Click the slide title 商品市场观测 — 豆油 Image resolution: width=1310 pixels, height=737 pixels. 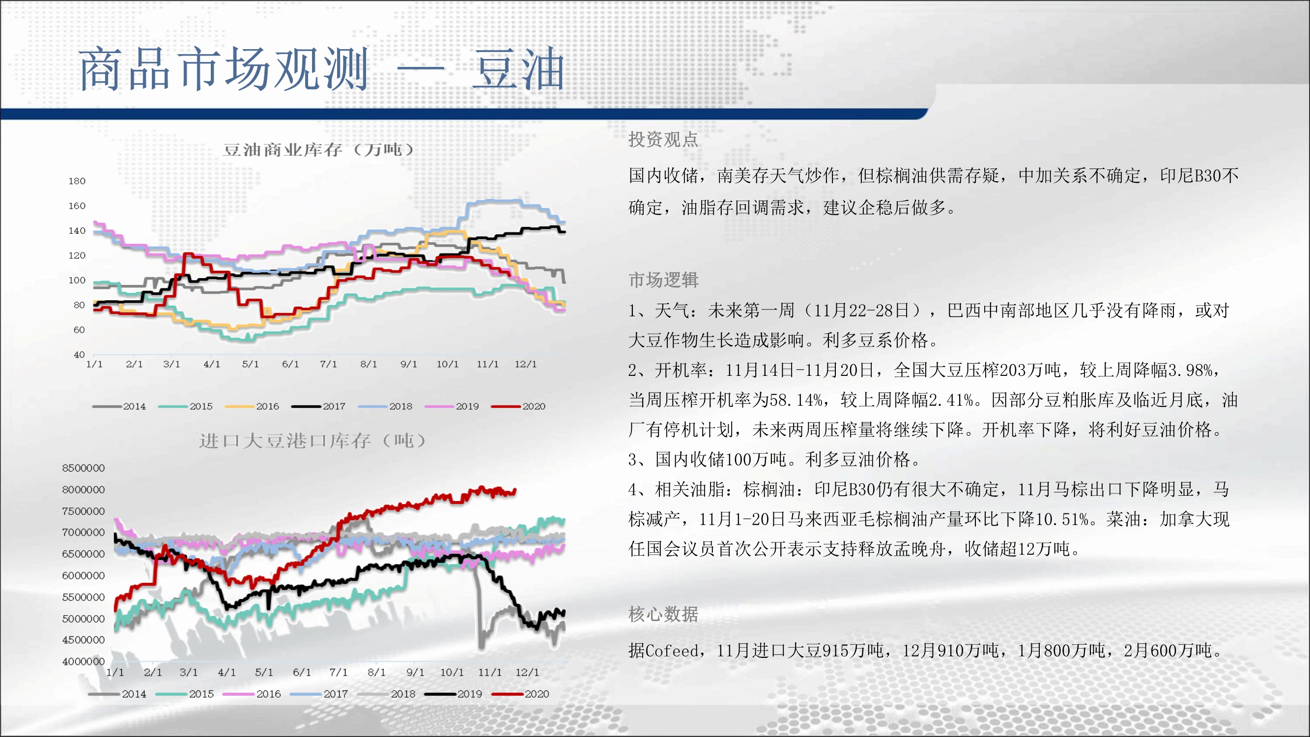tap(322, 69)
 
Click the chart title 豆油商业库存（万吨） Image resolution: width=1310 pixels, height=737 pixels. tap(319, 149)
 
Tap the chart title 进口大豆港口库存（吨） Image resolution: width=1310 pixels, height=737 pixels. tap(312, 440)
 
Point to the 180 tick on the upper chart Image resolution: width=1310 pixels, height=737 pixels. tap(77, 181)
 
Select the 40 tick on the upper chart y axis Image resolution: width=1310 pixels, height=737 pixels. tap(79, 355)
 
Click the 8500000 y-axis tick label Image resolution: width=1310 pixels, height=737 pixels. tap(84, 468)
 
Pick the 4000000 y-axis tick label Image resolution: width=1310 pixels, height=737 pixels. tap(84, 662)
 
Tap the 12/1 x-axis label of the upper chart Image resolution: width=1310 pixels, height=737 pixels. tap(525, 364)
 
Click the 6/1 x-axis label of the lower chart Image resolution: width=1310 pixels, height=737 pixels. tap(302, 673)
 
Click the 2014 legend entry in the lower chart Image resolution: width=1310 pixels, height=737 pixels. tap(117, 694)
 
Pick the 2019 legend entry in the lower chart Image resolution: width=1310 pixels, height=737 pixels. tap(453, 694)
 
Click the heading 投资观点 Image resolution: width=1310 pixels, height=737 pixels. tap(663, 140)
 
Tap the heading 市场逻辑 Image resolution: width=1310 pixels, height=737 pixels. tap(663, 280)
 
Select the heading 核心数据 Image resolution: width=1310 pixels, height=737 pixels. tap(663, 614)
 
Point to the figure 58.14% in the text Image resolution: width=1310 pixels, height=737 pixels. tap(796, 400)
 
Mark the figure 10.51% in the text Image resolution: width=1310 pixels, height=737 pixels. tap(1062, 519)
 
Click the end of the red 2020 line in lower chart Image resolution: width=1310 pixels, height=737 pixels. tap(515, 490)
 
